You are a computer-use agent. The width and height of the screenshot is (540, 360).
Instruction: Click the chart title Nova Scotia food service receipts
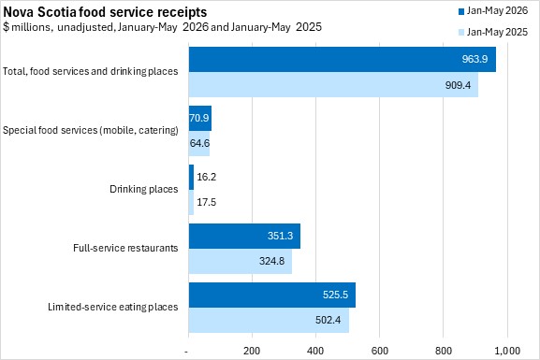[x=105, y=12]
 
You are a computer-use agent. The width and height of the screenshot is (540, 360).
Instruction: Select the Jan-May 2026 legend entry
[x=493, y=11]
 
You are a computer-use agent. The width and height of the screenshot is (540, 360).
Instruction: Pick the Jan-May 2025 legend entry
[x=493, y=32]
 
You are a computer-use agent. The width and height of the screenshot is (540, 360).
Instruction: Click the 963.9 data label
[x=474, y=59]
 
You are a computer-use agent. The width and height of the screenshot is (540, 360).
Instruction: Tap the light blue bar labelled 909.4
[x=333, y=85]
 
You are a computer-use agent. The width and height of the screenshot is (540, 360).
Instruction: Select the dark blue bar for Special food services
[x=200, y=118]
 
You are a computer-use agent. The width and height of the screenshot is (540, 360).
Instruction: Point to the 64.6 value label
[x=199, y=143]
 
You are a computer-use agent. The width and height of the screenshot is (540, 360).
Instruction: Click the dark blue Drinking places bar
[x=191, y=178]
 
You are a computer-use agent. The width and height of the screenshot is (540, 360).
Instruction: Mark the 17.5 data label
[x=206, y=202]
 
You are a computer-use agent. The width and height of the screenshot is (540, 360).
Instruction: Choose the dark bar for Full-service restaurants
[x=244, y=236]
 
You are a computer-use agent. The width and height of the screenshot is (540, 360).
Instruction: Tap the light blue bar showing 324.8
[x=241, y=261]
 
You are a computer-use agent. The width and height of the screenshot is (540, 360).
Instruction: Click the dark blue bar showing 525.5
[x=272, y=295]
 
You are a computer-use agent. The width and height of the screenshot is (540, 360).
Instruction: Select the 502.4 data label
[x=328, y=320]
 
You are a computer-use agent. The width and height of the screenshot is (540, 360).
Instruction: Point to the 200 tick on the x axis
[x=252, y=351]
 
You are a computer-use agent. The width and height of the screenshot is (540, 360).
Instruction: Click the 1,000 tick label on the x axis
[x=507, y=351]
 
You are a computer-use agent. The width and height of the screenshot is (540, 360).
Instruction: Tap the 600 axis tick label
[x=380, y=351]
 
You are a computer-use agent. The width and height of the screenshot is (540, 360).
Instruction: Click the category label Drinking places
[x=143, y=189]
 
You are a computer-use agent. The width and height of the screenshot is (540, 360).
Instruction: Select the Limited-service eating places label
[x=113, y=307]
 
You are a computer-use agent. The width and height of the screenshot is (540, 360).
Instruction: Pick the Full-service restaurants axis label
[x=125, y=248]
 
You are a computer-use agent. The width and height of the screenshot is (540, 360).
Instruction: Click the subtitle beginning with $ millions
[x=162, y=27]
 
